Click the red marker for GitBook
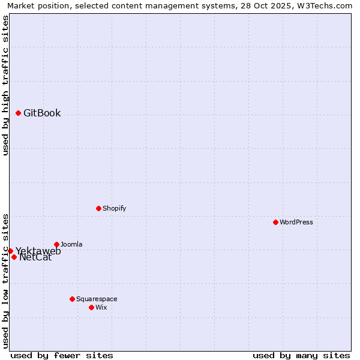tap(18, 113)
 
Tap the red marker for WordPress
tap(275, 222)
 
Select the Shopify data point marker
tap(98, 208)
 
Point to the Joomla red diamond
tap(56, 244)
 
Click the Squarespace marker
tap(72, 299)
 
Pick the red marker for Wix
tap(91, 307)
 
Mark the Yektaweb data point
tap(10, 251)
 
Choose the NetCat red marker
tap(14, 257)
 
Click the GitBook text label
tap(42, 113)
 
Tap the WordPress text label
tap(296, 222)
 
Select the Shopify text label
tap(114, 208)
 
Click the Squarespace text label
tap(97, 299)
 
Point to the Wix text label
tap(101, 307)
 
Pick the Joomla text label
tap(71, 244)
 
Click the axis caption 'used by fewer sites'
tap(62, 355)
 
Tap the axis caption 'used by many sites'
tap(301, 355)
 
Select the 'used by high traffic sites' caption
tap(6, 85)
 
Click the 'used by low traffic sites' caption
tap(6, 280)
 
